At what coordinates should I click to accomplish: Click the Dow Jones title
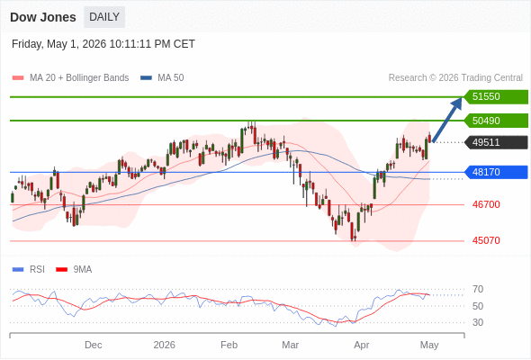[43, 17]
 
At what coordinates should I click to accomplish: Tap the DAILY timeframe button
[104, 17]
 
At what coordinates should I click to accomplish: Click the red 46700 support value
[486, 204]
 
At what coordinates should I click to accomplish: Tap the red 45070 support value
[486, 240]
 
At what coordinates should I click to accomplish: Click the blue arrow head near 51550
[457, 103]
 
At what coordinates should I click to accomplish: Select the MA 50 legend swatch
[146, 78]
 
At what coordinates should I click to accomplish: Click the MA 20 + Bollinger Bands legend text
[79, 78]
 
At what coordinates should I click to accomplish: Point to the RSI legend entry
[29, 270]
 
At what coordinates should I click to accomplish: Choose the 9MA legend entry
[74, 270]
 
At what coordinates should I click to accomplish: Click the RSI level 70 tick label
[478, 289]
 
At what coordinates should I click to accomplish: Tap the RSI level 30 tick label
[478, 322]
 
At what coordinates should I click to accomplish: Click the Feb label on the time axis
[229, 345]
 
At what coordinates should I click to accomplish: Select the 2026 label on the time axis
[164, 345]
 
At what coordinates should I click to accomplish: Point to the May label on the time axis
[429, 345]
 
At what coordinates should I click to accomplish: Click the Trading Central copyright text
[455, 78]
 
